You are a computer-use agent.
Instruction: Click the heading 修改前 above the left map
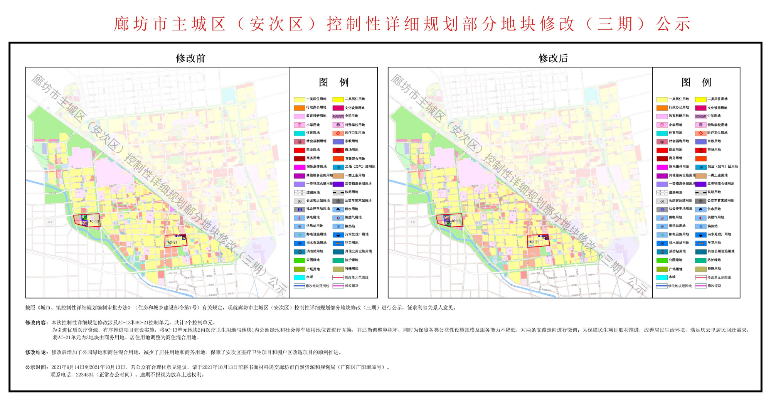coord(190,58)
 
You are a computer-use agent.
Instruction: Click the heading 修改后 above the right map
coord(553,58)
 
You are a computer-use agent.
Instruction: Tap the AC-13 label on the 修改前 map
coord(94,221)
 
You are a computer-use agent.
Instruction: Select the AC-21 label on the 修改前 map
coord(172,242)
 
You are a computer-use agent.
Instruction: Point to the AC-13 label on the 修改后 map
coord(456,221)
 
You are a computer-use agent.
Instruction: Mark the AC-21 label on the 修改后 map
coord(534,242)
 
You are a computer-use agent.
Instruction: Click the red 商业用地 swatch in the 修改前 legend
coord(299,150)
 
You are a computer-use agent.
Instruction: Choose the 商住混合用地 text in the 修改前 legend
coord(355,158)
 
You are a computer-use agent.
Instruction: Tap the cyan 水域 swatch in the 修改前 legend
coord(299,277)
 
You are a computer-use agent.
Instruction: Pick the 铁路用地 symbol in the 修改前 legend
coord(338,192)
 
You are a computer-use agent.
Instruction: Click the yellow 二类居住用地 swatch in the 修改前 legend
coord(338,99)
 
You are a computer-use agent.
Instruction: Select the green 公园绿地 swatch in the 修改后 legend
coord(662,260)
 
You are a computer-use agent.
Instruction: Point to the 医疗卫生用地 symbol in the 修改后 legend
coord(701,133)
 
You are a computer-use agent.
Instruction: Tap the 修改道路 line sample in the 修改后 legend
coord(701,286)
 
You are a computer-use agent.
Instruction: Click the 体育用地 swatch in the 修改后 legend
coord(662,133)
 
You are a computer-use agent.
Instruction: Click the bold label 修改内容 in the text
coord(37,322)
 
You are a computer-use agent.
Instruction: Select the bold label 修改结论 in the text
coord(37,352)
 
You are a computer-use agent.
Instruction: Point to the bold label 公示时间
coord(37,367)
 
